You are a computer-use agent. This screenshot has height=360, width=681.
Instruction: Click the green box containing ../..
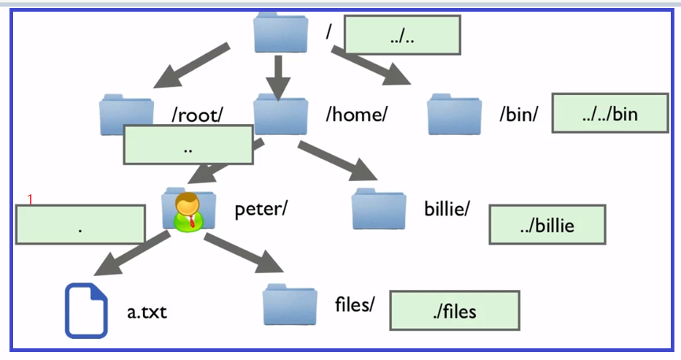pos(402,35)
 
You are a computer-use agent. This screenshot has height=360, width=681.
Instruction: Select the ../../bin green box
pos(610,113)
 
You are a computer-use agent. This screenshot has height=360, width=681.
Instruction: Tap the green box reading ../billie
pos(547,224)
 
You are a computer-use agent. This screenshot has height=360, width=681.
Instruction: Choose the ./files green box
pos(455,310)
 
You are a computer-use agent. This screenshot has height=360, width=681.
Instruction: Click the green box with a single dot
pos(80,224)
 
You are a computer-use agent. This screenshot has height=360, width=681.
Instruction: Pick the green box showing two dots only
pos(188,145)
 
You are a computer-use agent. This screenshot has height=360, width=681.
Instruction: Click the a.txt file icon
pos(86,310)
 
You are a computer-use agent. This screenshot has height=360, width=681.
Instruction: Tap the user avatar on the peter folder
pos(188,212)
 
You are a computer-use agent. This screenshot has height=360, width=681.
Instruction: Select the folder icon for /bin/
pos(454,114)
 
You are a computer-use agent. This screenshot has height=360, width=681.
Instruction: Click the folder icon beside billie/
pos(379,208)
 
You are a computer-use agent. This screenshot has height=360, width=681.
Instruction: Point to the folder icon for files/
pos(290,304)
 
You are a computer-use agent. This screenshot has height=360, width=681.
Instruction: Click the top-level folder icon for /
pos(281,33)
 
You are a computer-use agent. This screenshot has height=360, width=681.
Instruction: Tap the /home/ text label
pos(357,115)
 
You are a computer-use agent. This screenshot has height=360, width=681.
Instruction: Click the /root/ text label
pos(198,115)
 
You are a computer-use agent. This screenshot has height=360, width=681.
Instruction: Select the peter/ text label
pos(261,209)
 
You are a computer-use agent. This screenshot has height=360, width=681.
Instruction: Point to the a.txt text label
pos(147,313)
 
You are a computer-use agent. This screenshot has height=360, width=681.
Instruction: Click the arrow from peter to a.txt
pos(131,253)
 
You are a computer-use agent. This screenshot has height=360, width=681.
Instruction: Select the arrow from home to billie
pos(337,161)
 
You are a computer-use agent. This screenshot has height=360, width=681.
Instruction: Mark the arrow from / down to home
pos(278,78)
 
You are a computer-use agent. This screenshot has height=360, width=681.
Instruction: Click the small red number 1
pos(30,199)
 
